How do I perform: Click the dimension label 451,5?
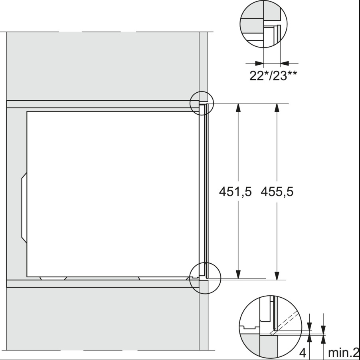coord(235,192)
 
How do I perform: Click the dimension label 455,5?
coord(277,192)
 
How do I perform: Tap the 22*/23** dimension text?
coord(274,76)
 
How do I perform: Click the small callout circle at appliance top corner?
coord(202,103)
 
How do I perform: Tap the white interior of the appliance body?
coord(112,192)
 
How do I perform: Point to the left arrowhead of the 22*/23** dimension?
coord(259,63)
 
